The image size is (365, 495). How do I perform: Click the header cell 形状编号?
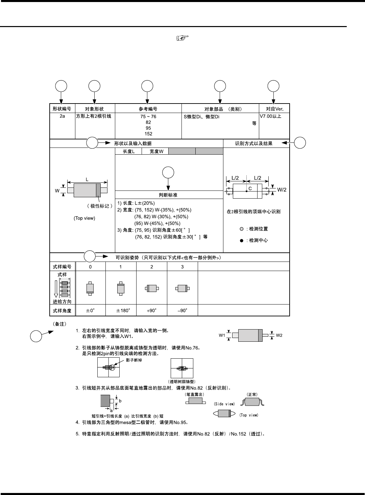[62, 109]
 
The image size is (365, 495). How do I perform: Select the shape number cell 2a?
[62, 116]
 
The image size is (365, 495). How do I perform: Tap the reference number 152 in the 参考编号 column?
[148, 134]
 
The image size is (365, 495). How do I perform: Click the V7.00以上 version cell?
[270, 116]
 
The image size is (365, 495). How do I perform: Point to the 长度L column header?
[128, 152]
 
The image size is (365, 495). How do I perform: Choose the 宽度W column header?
[156, 152]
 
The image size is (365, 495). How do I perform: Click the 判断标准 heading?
[168, 195]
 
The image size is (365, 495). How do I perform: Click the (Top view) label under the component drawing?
[84, 218]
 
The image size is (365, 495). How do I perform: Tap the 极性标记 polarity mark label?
[100, 206]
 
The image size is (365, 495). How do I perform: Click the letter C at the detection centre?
[250, 188]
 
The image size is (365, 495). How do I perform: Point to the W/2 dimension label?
[282, 190]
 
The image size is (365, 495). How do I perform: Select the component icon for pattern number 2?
[152, 289]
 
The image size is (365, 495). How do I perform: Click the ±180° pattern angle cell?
[123, 310]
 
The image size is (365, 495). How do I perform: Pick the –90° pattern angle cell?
[182, 310]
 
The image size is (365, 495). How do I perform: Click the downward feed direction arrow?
[56, 287]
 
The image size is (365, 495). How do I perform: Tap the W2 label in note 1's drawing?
[279, 335]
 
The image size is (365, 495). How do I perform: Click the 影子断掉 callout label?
[134, 360]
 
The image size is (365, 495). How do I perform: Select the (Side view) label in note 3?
[224, 404]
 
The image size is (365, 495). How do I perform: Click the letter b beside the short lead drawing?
[120, 401]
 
